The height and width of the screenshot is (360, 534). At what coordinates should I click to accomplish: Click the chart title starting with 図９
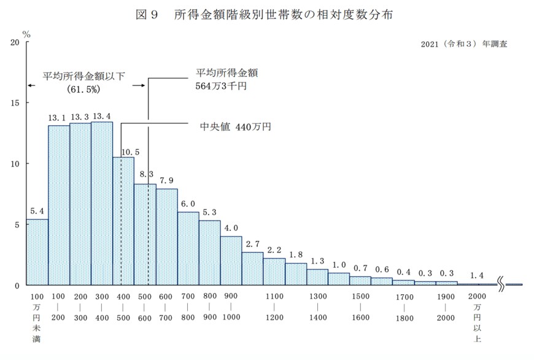(x=264, y=14)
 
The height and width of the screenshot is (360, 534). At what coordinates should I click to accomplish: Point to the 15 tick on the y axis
(x=14, y=103)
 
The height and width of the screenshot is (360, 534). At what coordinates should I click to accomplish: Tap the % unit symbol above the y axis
(x=26, y=31)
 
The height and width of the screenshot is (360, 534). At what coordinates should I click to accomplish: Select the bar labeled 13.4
(x=102, y=203)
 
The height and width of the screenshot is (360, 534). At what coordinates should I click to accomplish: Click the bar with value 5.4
(x=37, y=252)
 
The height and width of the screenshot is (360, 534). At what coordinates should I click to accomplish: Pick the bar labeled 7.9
(x=166, y=237)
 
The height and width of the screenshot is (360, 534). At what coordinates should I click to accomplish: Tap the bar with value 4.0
(x=231, y=260)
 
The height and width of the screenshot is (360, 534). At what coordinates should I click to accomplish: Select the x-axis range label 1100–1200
(x=274, y=307)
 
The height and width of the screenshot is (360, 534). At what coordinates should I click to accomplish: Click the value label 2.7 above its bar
(x=252, y=244)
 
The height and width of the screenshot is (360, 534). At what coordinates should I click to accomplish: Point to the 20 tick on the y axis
(x=14, y=42)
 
